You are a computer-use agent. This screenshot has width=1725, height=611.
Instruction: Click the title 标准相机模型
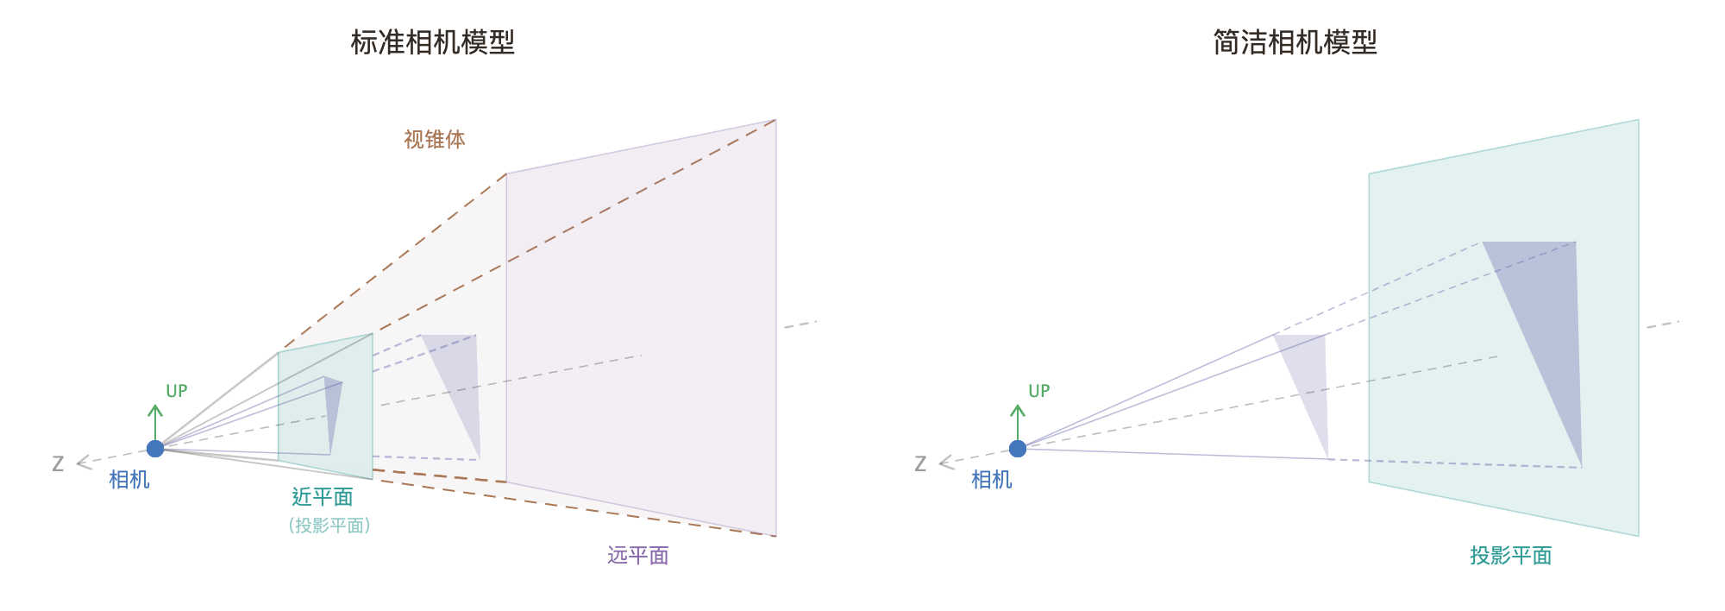pos(432,42)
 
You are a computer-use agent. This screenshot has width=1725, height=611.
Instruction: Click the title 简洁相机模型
pos(1295,42)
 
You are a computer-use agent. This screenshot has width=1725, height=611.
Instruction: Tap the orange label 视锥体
pos(435,140)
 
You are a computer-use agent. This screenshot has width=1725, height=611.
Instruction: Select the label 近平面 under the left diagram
pos(323,497)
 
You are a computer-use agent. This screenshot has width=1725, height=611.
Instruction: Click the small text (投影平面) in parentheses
pos(329,526)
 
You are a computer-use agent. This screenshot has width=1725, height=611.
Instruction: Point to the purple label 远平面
pos(638,556)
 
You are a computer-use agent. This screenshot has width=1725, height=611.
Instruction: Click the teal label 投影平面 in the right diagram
pos(1510,556)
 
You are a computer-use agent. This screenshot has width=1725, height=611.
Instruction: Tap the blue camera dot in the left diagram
pos(155,449)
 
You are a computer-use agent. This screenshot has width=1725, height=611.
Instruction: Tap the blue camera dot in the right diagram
pos(1018,449)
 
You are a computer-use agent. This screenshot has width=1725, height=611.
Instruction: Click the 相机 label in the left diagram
pos(129,480)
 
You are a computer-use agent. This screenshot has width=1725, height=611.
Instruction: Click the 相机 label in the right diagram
pos(992,480)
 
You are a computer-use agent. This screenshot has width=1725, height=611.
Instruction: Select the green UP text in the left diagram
pos(177,391)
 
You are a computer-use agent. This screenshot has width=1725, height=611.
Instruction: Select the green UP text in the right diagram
pos(1039,391)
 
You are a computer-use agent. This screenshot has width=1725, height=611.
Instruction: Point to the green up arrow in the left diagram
pos(155,420)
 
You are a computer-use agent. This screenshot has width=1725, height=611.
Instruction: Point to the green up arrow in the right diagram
pos(1018,420)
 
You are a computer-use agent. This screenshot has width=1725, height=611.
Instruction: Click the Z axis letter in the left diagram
pos(58,464)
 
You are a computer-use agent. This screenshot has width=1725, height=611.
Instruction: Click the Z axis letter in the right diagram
pos(920,464)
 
